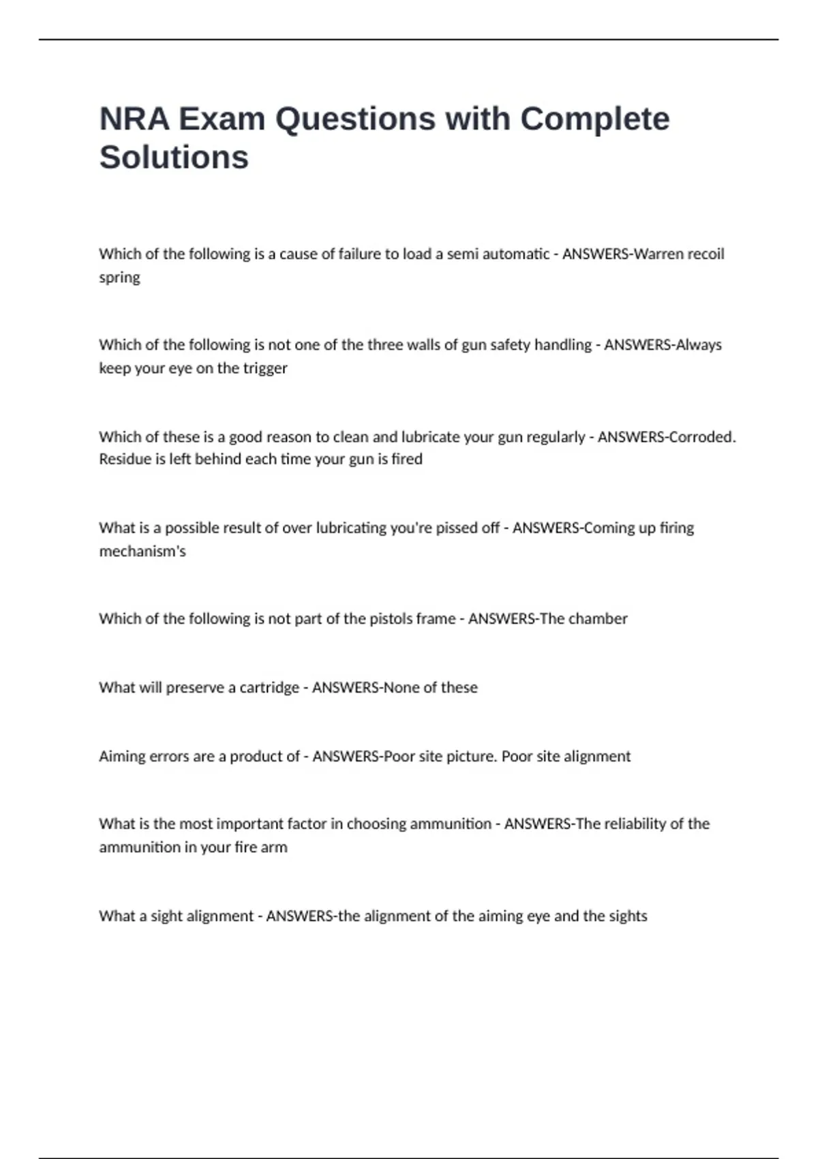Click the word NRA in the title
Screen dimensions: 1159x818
tap(134, 119)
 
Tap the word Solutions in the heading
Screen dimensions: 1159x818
tap(174, 157)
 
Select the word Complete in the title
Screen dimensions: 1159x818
tap(594, 119)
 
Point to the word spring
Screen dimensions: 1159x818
tap(119, 278)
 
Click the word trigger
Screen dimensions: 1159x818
tap(265, 368)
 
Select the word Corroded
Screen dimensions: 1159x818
tap(701, 436)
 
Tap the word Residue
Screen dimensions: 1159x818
tap(123, 459)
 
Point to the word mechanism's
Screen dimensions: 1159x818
tap(142, 551)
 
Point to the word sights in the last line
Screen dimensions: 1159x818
tap(627, 916)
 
